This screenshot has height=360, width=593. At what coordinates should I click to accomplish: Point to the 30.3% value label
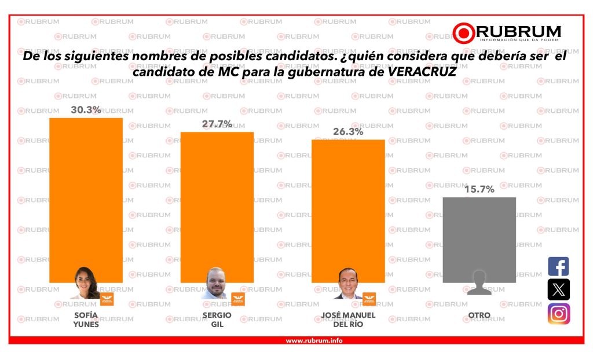pyautogui.click(x=86, y=109)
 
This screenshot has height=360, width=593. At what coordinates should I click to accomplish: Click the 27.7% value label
pyautogui.click(x=217, y=124)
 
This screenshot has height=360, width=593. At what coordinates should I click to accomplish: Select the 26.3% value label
pyautogui.click(x=348, y=131)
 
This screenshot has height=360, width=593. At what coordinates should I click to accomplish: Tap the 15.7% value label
pyautogui.click(x=479, y=189)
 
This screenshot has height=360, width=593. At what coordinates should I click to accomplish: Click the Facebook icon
pyautogui.click(x=558, y=267)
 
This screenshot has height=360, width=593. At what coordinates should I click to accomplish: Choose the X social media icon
pyautogui.click(x=558, y=289)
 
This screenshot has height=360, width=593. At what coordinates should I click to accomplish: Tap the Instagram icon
pyautogui.click(x=558, y=314)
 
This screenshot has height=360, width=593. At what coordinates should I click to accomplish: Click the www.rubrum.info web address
pyautogui.click(x=314, y=340)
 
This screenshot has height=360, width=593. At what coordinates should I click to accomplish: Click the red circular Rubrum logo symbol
pyautogui.click(x=464, y=33)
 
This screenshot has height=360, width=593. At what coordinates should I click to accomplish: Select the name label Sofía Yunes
pyautogui.click(x=86, y=319)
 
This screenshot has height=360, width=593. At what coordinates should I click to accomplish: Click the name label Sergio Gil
pyautogui.click(x=217, y=319)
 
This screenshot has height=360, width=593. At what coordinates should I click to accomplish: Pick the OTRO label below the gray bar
pyautogui.click(x=479, y=315)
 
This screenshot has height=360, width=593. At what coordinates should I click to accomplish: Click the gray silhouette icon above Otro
pyautogui.click(x=479, y=282)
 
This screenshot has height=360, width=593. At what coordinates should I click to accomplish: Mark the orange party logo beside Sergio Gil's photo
pyautogui.click(x=238, y=299)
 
